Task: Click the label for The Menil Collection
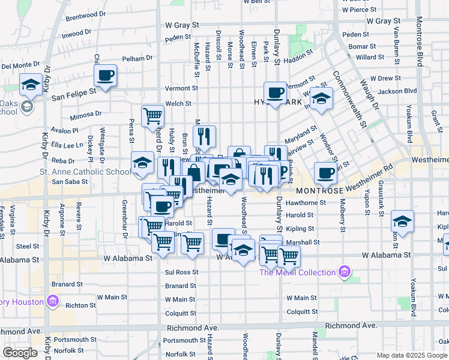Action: (x=297, y=272)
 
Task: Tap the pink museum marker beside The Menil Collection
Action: (x=343, y=272)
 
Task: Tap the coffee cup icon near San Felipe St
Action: (x=105, y=76)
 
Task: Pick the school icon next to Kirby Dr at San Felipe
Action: (x=30, y=85)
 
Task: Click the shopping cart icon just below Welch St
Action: (x=152, y=116)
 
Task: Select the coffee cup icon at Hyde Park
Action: (x=275, y=93)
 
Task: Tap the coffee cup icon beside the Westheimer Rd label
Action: (x=325, y=173)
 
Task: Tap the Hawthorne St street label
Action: (x=306, y=203)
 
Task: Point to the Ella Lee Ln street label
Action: (x=67, y=145)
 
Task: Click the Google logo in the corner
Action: (x=20, y=353)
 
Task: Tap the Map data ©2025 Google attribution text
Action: (x=412, y=355)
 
